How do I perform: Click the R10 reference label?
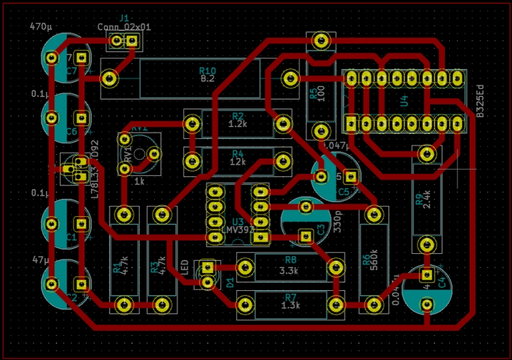(x=207, y=70)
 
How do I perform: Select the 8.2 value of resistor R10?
(x=207, y=79)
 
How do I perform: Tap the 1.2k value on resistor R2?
(x=237, y=124)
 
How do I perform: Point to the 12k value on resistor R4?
(x=237, y=162)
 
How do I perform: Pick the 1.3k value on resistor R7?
(x=291, y=306)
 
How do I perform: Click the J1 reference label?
(x=124, y=17)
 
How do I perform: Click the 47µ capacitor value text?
(x=42, y=261)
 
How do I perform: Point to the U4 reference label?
(x=404, y=101)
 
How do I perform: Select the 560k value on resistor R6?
(x=375, y=264)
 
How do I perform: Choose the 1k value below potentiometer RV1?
(x=140, y=182)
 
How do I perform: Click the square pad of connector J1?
(x=132, y=42)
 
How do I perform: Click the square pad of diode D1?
(x=207, y=268)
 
